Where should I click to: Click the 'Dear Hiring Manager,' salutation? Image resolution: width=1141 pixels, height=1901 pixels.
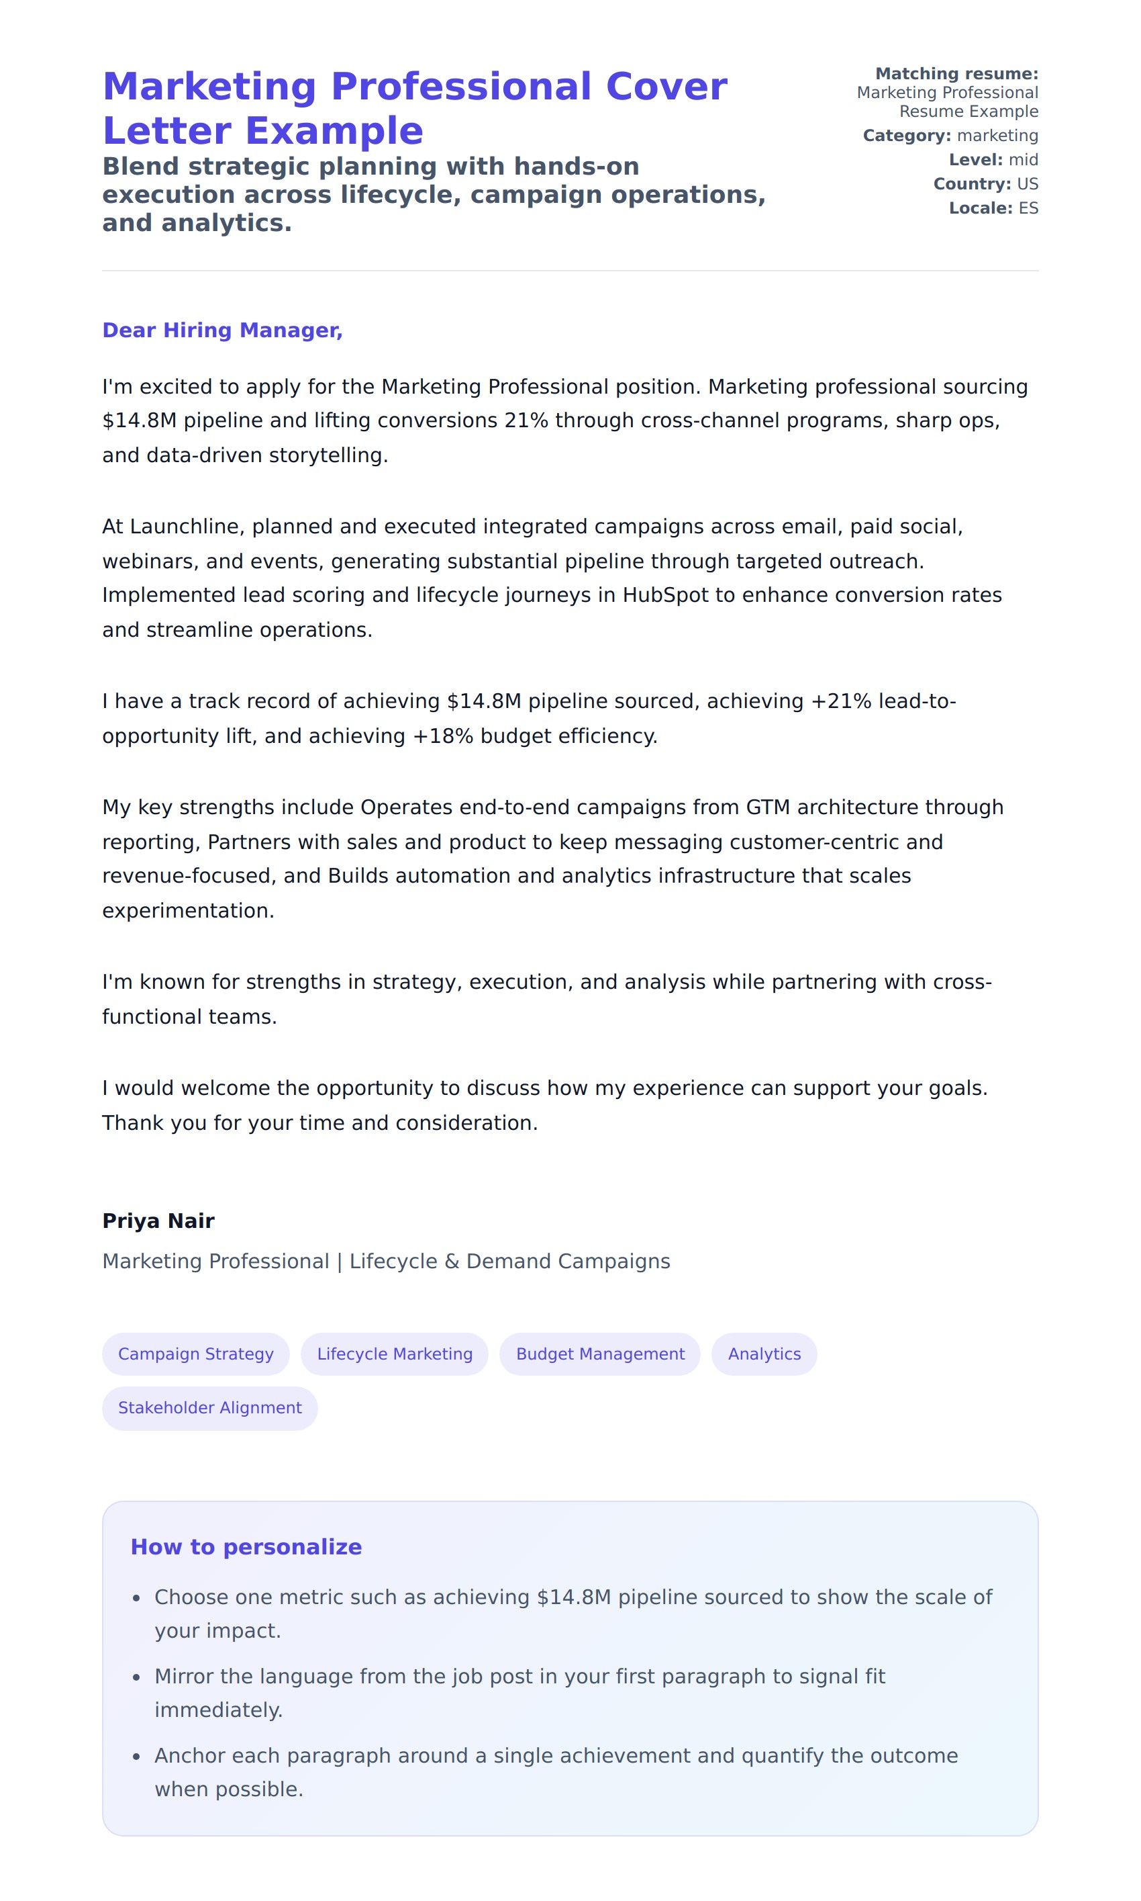click(222, 330)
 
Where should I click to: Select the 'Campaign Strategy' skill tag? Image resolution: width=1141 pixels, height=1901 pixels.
click(195, 1354)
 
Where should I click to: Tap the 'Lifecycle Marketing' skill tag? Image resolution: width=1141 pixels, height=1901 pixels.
click(395, 1354)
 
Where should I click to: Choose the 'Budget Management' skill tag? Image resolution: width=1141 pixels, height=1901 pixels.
click(600, 1354)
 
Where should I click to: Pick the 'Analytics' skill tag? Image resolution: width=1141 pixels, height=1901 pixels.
click(764, 1354)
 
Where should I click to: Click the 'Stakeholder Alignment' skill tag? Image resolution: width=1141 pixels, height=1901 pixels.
click(210, 1407)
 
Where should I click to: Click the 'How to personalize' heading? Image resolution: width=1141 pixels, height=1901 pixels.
click(246, 1546)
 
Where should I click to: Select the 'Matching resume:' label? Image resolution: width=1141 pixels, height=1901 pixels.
click(956, 74)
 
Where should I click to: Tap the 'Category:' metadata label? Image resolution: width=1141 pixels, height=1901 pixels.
click(907, 136)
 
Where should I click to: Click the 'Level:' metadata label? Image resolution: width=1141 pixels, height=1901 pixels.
click(975, 159)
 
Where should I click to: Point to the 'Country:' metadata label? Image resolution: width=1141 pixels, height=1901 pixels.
click(972, 184)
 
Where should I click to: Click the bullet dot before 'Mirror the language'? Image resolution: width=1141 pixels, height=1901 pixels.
click(136, 1677)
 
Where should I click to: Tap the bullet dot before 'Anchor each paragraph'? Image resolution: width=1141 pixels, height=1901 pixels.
click(136, 1757)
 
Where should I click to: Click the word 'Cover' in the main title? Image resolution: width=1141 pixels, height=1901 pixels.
click(666, 86)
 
